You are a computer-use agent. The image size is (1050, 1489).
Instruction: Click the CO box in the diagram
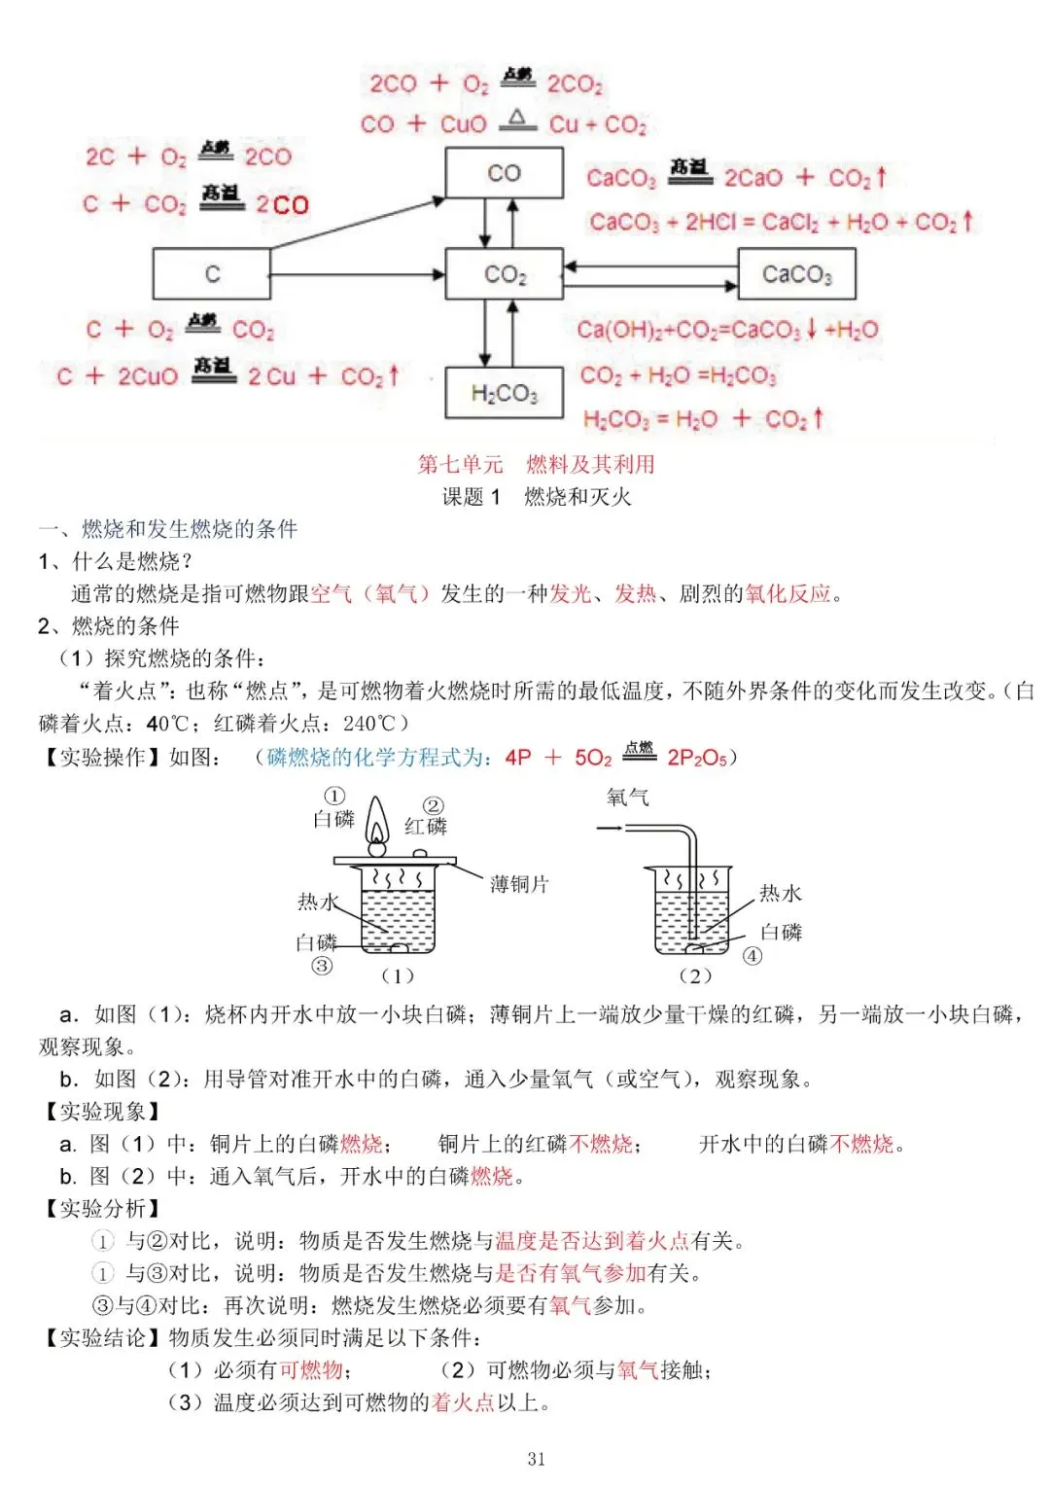(x=504, y=173)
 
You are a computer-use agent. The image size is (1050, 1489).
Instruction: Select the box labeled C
(x=212, y=273)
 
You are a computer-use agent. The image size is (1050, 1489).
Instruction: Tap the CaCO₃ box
(x=796, y=273)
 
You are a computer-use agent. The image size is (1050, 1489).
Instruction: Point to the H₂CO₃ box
(x=504, y=393)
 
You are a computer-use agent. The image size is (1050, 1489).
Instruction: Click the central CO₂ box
(x=504, y=273)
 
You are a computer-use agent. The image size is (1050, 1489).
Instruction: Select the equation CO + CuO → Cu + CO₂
(x=503, y=124)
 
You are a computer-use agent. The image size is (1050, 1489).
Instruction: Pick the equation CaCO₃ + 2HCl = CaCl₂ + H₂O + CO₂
(x=780, y=222)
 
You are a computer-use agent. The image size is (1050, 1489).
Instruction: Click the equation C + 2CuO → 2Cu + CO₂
(x=227, y=375)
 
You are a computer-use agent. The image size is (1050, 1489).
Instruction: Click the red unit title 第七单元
(x=460, y=464)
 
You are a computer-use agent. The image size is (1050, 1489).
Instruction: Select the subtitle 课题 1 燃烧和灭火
(x=537, y=497)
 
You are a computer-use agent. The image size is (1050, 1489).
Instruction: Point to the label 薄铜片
(x=519, y=884)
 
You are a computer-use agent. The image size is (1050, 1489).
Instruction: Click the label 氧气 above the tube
(x=627, y=798)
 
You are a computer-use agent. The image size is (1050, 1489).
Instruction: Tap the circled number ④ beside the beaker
(x=752, y=955)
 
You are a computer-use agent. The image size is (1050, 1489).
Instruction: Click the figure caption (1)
(x=397, y=975)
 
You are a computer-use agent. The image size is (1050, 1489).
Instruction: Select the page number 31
(x=536, y=1458)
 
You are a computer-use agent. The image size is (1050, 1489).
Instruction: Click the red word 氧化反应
(x=787, y=593)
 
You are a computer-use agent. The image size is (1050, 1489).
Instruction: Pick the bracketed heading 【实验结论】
(x=102, y=1337)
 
